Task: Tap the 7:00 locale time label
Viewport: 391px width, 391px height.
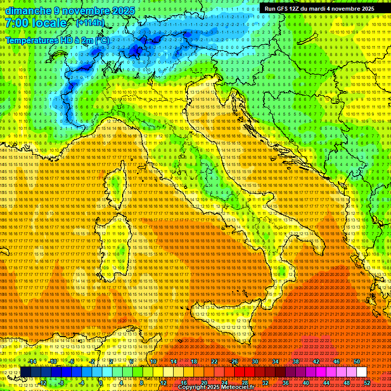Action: [36, 23]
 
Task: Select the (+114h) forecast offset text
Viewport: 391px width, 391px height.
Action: [90, 22]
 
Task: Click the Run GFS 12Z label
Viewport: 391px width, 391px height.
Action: [283, 9]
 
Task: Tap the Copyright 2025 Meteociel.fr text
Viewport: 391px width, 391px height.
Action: [216, 387]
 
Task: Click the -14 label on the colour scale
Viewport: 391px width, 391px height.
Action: [33, 361]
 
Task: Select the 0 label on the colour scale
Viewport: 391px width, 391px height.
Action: [101, 383]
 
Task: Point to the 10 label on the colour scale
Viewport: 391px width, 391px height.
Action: [153, 361]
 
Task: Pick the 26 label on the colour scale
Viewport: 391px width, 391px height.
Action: [235, 361]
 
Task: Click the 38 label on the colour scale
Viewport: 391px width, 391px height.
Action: [296, 361]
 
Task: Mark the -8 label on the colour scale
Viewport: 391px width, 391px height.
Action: [62, 383]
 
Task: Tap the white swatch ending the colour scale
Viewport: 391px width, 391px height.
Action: [361, 372]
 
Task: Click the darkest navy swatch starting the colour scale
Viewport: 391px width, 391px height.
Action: [25, 372]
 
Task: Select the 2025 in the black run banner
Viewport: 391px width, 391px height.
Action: [367, 9]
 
